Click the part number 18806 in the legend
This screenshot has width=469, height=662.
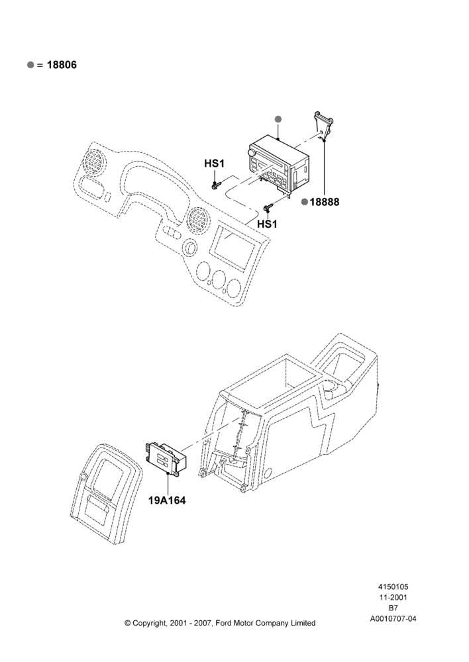(x=62, y=65)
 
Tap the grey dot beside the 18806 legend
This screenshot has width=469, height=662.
(x=30, y=65)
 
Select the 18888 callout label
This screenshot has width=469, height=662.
(x=325, y=202)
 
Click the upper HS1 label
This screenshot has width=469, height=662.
(x=214, y=164)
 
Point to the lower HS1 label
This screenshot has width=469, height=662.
(x=267, y=224)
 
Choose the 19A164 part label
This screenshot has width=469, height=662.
(x=167, y=500)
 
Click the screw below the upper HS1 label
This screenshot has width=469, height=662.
(x=216, y=185)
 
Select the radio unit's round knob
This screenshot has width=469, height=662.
(x=252, y=152)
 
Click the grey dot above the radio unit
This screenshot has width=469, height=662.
(x=278, y=119)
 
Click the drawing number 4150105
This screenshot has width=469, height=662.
(x=393, y=587)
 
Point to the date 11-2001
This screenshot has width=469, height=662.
(x=393, y=597)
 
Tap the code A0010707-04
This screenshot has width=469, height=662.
(x=393, y=619)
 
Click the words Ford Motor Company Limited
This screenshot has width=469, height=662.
(x=266, y=623)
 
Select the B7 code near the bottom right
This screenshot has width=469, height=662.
(x=393, y=608)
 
